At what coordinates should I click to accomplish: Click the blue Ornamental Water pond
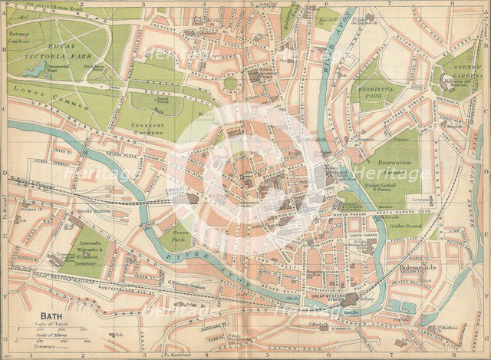[x=35, y=70]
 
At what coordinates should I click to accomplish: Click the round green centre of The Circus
[x=230, y=83]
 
